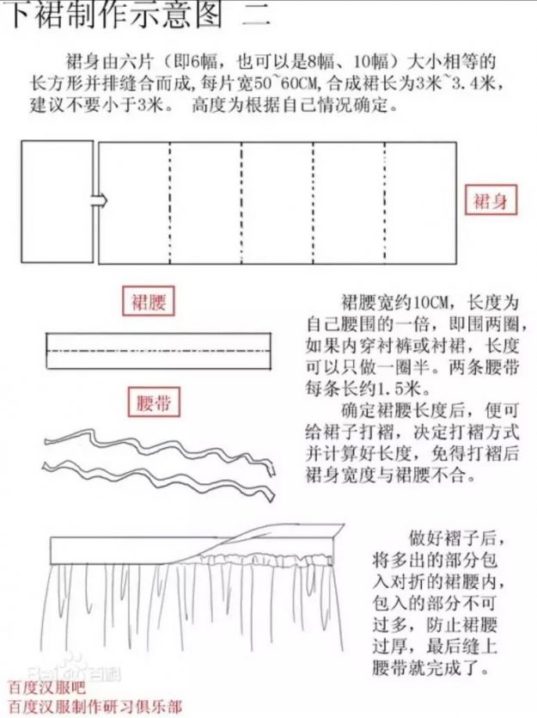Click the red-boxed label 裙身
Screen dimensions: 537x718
tap(491, 200)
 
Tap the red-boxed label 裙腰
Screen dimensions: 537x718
tap(148, 301)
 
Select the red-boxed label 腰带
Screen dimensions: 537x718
tap(154, 402)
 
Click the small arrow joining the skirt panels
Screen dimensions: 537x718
tap(100, 200)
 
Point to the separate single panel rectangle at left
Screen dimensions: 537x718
tap(58, 201)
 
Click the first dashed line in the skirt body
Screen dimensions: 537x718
tap(170, 203)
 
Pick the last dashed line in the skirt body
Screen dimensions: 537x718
tap(385, 203)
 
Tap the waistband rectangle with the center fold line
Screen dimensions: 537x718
tap(158, 351)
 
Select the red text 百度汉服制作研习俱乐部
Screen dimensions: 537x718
tap(95, 706)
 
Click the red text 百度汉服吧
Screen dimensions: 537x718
tap(47, 687)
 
